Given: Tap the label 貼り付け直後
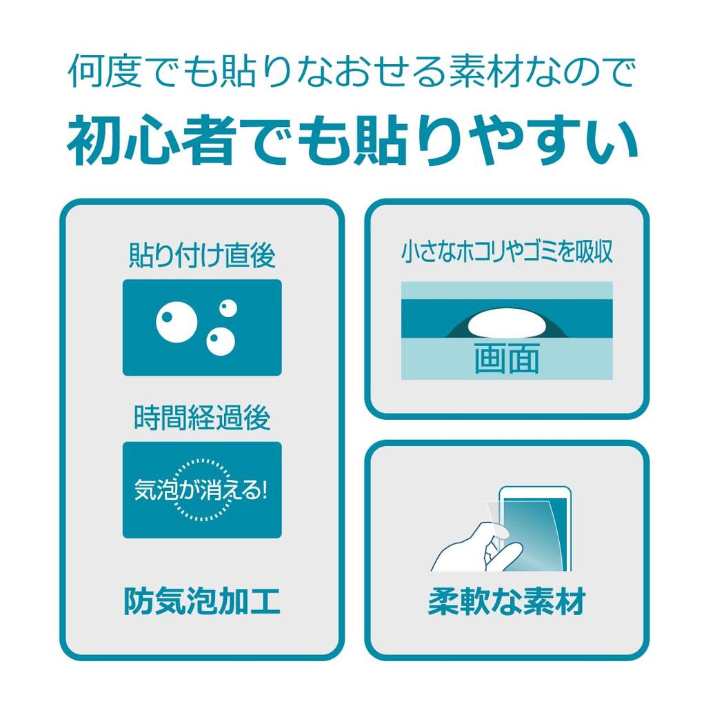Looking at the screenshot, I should click(x=202, y=256).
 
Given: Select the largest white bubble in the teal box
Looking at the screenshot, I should click(x=176, y=322).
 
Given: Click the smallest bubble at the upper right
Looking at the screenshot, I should click(x=228, y=307).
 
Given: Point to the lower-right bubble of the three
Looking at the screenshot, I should click(x=221, y=341).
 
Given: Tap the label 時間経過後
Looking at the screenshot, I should click(x=202, y=418).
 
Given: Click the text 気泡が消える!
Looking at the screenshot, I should click(x=200, y=490).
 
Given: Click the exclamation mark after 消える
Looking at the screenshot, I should click(x=263, y=490).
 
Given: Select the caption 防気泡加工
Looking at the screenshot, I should click(x=202, y=601).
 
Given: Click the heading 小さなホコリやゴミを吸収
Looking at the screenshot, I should click(x=507, y=253).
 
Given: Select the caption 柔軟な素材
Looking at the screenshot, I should click(x=507, y=601).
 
